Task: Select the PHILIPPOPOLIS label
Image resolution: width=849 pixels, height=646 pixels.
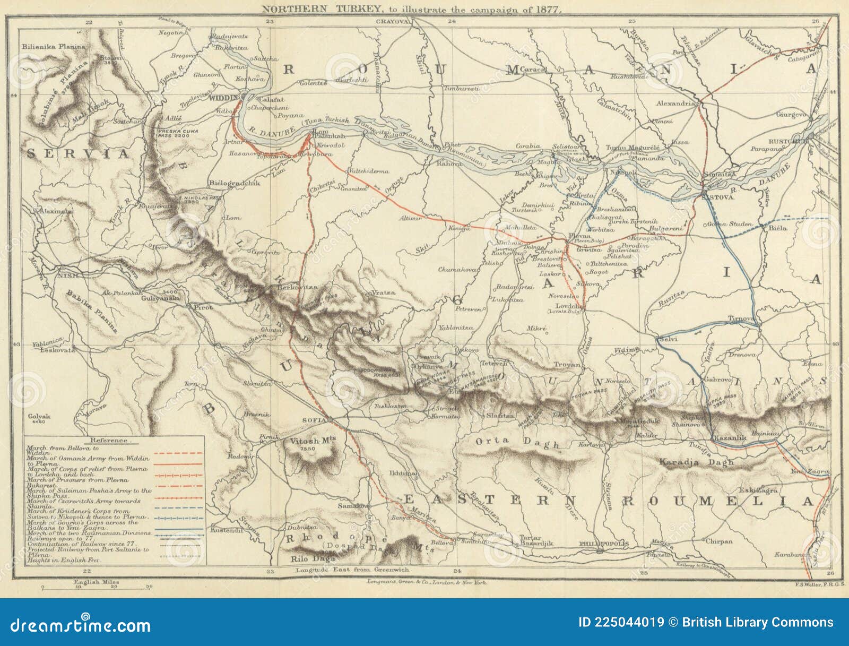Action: click(604, 544)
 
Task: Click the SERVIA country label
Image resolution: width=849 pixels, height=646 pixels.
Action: click(78, 154)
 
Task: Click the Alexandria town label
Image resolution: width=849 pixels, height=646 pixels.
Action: click(675, 104)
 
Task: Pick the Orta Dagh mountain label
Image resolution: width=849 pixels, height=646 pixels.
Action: click(517, 442)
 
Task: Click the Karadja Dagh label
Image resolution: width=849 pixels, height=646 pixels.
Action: click(696, 462)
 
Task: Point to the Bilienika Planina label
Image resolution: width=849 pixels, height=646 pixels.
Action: click(53, 47)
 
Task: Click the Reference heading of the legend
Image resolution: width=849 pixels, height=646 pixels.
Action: click(109, 440)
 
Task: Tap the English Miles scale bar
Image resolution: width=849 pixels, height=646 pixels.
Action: click(97, 587)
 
